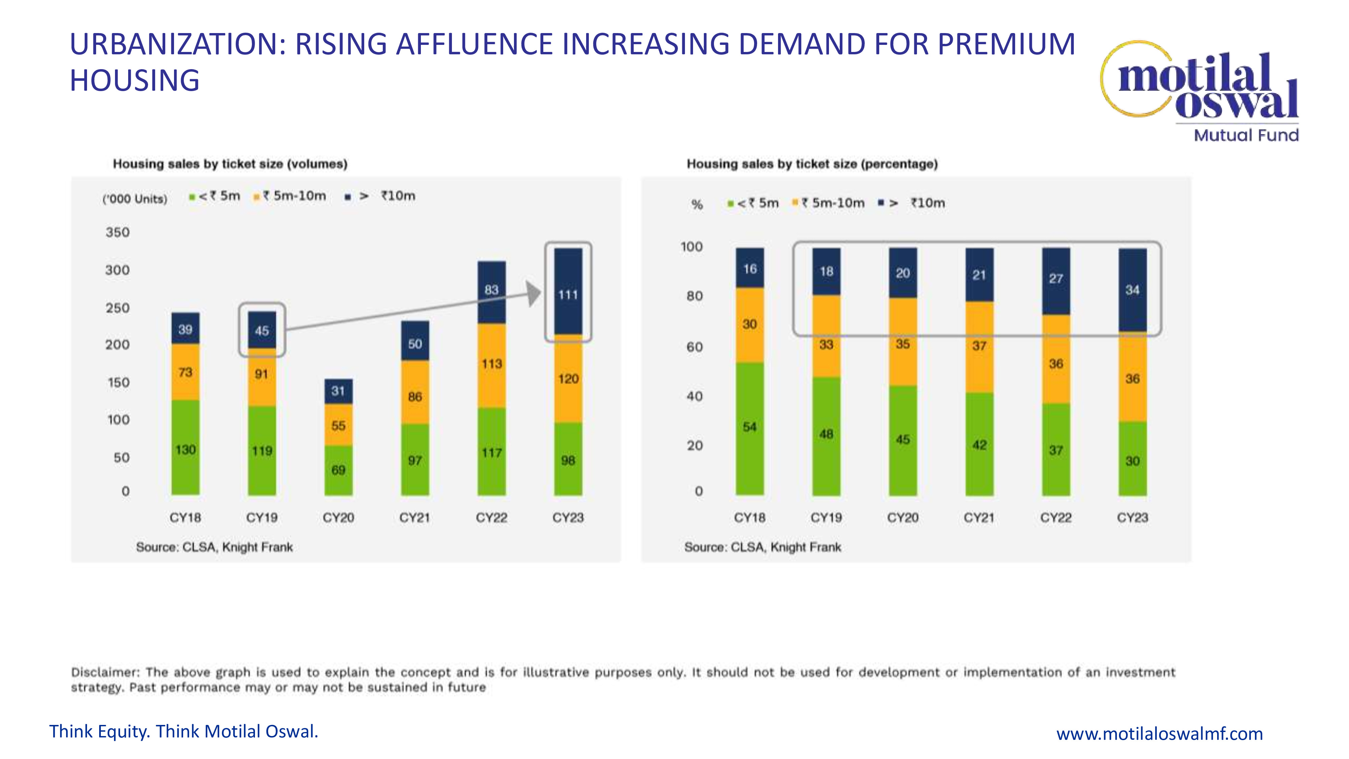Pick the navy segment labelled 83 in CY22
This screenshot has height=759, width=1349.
(x=491, y=291)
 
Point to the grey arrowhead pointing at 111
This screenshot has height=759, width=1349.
(x=534, y=293)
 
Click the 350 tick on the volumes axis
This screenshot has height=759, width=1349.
(x=117, y=232)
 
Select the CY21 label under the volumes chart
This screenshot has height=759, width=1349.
(x=415, y=517)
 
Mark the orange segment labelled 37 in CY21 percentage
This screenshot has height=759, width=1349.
(x=979, y=346)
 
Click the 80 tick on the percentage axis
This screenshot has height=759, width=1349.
(x=694, y=296)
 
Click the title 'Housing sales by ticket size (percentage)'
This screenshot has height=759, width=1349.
(x=812, y=164)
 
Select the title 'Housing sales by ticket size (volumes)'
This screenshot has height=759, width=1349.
(x=230, y=164)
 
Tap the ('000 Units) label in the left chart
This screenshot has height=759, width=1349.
(x=135, y=199)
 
